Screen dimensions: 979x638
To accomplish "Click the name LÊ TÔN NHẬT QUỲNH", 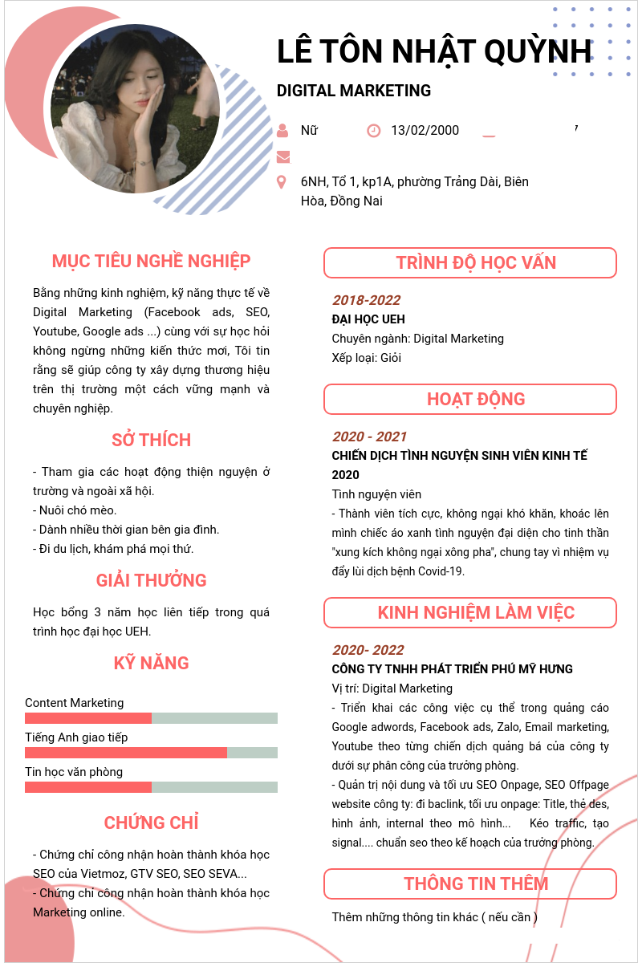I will [434, 51].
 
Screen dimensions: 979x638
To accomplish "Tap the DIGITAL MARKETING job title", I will [354, 91].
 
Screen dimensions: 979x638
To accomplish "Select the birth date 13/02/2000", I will [425, 131].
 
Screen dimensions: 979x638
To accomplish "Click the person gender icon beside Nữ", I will [282, 130].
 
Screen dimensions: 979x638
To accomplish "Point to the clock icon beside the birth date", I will [373, 130].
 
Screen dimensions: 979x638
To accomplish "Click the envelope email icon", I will [282, 156].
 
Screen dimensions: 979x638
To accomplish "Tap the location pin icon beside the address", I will [281, 182].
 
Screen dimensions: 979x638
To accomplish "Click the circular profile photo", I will [135, 108].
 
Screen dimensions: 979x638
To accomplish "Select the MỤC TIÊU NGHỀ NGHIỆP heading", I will [151, 261].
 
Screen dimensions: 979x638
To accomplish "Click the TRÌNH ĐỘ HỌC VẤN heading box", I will [470, 263].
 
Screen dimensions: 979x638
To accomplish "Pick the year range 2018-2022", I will [366, 300].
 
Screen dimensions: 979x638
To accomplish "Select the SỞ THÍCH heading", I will [151, 440].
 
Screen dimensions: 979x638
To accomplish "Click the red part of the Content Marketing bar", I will [88, 718].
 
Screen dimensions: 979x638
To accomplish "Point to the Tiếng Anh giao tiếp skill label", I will [76, 737].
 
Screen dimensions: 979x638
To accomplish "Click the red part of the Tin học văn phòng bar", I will [88, 787].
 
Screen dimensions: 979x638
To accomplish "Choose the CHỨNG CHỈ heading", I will [151, 823].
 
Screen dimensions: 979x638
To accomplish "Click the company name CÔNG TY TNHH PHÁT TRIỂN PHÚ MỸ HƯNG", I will [453, 669].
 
